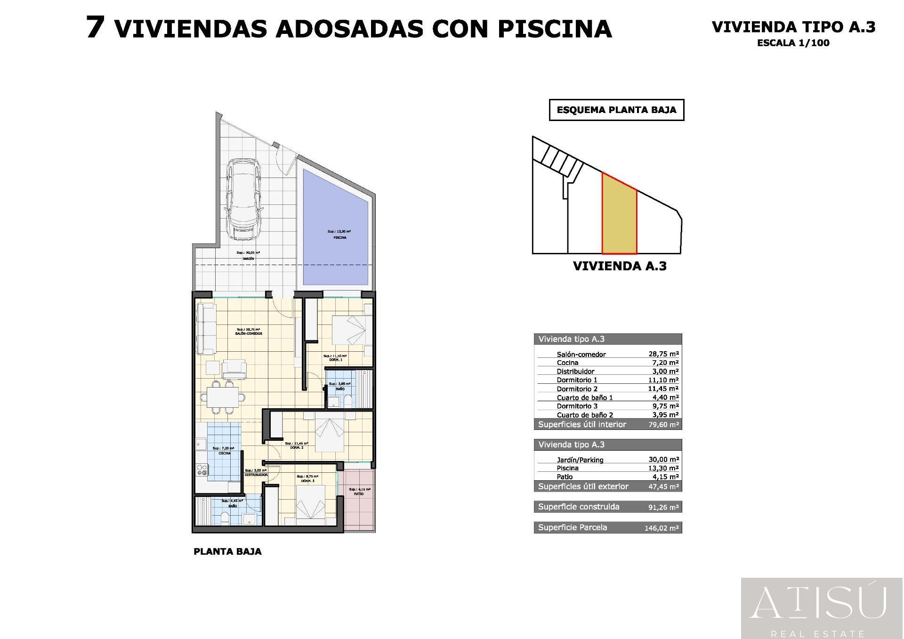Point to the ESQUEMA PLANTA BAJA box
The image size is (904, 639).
(616, 110)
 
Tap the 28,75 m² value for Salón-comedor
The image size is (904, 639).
(663, 354)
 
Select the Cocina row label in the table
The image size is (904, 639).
(567, 363)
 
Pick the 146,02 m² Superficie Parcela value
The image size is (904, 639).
(662, 528)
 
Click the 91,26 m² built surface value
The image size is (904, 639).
(663, 507)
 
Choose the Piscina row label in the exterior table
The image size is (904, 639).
(567, 468)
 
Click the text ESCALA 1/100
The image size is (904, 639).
(793, 43)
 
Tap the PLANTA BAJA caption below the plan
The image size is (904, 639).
(227, 551)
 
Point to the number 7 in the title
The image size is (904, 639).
(96, 27)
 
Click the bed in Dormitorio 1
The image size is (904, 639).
(349, 330)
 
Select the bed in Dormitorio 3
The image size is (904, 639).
(310, 503)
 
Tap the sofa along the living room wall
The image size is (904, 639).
(206, 329)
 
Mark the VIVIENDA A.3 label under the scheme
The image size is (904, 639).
(620, 266)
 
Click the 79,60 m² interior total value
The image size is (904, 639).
(663, 425)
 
